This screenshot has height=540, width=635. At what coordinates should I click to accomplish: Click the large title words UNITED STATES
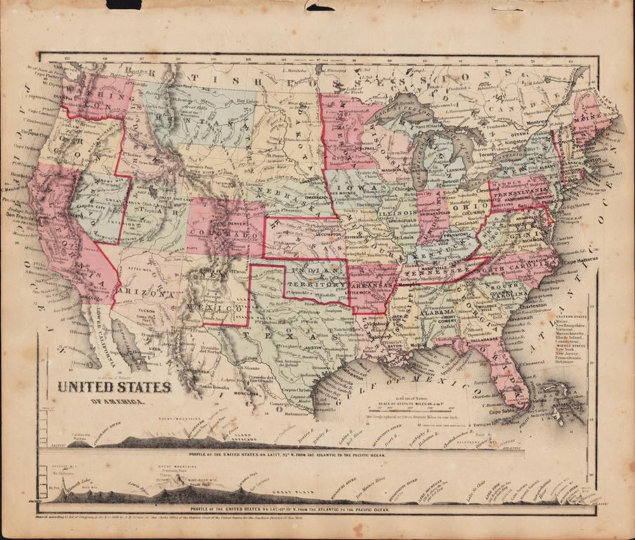point(113,387)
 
